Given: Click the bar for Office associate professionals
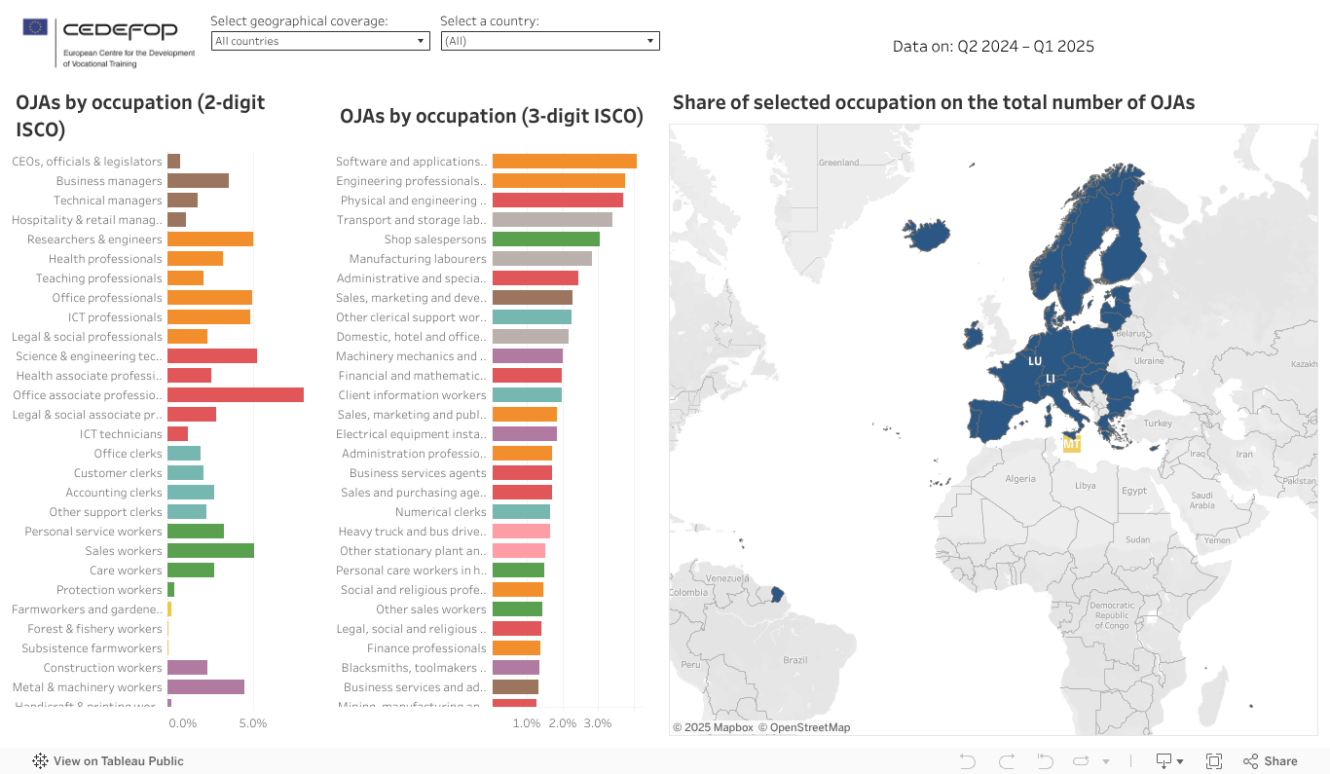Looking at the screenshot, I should click(x=235, y=395).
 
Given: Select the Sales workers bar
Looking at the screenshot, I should click(x=210, y=551).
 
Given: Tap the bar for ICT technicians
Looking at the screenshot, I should click(x=177, y=434).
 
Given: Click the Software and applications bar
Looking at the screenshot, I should click(x=564, y=162).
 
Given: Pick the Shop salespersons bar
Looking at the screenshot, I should click(x=545, y=240).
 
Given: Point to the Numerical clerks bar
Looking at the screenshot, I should click(x=521, y=512).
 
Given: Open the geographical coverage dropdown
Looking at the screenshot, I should click(x=320, y=41).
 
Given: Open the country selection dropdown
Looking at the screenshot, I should click(x=550, y=41).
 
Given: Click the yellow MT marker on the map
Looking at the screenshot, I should click(x=1071, y=444).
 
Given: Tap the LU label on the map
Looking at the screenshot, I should click(x=1035, y=361).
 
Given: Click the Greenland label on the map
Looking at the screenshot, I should click(x=838, y=163).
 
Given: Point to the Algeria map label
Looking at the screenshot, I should click(x=1020, y=479).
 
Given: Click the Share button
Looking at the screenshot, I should click(x=1271, y=761).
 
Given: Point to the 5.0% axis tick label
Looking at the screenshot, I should click(x=252, y=724).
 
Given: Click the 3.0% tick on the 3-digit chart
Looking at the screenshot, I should click(x=597, y=724).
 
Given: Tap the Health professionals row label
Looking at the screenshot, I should click(x=105, y=259).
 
